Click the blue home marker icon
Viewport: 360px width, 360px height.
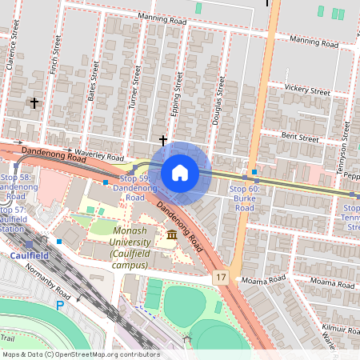(180, 173)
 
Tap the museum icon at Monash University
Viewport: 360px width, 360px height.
(172, 234)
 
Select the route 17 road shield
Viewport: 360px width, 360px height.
(221, 276)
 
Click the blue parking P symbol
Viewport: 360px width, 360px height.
(59, 305)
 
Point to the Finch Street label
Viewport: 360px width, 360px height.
(54, 58)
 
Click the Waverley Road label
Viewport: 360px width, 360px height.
(98, 154)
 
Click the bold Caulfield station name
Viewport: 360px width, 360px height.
(30, 256)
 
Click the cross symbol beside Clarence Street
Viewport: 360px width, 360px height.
(34, 102)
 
